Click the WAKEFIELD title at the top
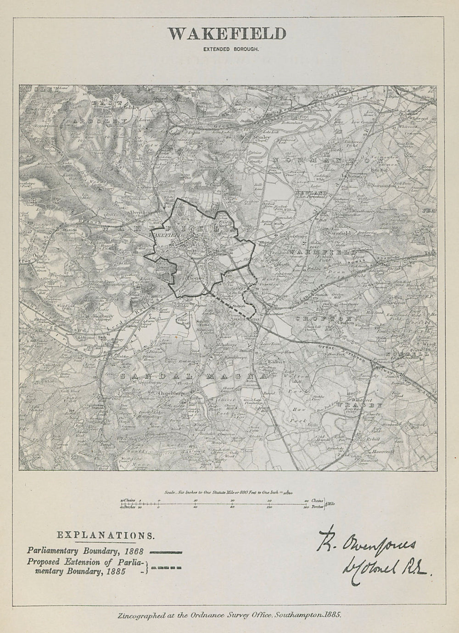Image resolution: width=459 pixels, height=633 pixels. [226, 34]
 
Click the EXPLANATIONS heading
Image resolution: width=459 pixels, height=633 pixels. [105, 535]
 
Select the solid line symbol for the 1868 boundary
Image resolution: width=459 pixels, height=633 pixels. [167, 552]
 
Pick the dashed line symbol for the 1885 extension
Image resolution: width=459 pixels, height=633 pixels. [167, 569]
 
